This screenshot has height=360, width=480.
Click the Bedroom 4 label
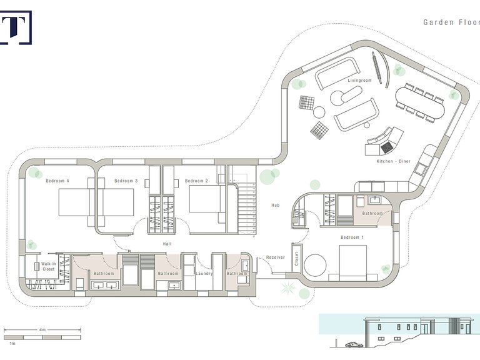57,181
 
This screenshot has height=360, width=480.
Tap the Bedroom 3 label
126,181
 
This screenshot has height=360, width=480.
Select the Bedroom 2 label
196,181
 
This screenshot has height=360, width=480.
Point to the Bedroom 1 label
352,237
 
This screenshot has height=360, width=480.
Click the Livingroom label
360,81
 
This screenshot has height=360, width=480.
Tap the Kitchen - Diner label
394,161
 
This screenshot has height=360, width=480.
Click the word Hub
276,206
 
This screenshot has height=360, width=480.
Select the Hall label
167,244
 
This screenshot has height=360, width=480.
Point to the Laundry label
204,274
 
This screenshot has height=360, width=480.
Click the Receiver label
276,257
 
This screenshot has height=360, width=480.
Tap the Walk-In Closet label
48,266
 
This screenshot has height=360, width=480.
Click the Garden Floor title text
451,22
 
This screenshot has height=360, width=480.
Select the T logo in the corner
16,27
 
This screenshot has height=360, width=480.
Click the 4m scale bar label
42,330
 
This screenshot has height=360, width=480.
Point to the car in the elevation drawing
354,345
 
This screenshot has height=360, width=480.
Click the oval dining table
420,103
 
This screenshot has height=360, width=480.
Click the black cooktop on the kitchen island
386,147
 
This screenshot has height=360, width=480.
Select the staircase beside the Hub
247,209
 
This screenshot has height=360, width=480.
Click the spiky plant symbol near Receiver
288,287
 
